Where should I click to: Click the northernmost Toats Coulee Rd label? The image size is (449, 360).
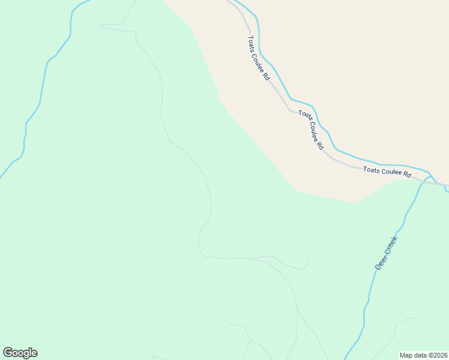pyautogui.click(x=259, y=58)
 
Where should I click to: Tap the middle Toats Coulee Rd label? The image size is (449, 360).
pyautogui.click(x=311, y=130)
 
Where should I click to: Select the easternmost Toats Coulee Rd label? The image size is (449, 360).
pyautogui.click(x=387, y=172)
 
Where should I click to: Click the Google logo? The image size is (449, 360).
pyautogui.click(x=20, y=353)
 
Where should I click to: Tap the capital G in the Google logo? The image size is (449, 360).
pyautogui.click(x=8, y=352)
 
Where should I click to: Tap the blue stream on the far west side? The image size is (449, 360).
pyautogui.click(x=42, y=84)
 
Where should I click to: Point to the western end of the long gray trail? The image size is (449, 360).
pyautogui.click(x=101, y=26)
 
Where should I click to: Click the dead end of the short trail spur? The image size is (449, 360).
pyautogui.click(x=309, y=254)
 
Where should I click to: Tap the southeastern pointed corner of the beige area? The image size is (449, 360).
pyautogui.click(x=355, y=203)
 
